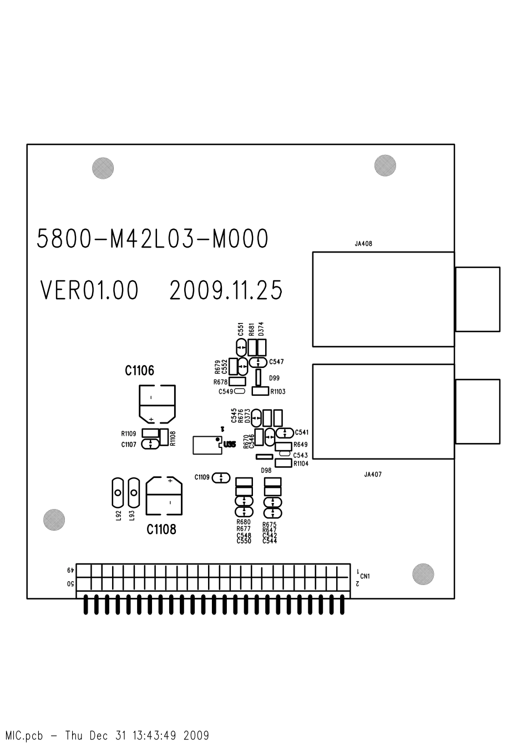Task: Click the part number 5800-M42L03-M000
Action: click(153, 239)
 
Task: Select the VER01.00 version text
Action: click(89, 290)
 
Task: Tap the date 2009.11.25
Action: click(226, 290)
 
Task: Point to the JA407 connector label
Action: click(373, 475)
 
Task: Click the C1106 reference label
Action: click(139, 371)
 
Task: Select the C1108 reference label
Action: click(161, 530)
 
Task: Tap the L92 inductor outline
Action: click(117, 492)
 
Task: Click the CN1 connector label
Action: click(365, 576)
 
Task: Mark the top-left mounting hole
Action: click(103, 168)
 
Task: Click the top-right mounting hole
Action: click(386, 165)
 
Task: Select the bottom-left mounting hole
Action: click(54, 520)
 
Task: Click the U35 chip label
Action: click(229, 444)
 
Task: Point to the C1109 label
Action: click(202, 477)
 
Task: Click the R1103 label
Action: click(278, 392)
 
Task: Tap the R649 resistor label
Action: click(300, 445)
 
